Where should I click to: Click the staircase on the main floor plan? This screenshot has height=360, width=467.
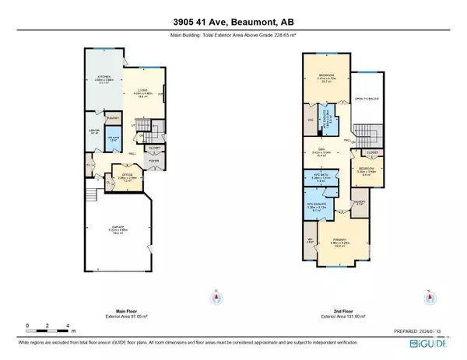tap(154, 129)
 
